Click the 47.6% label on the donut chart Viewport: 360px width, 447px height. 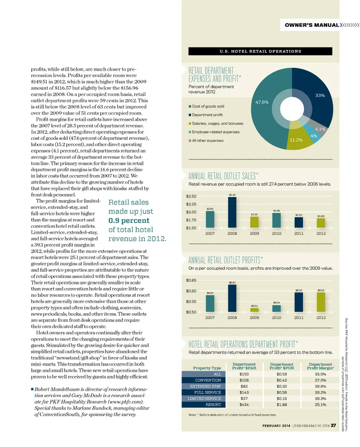[x=262, y=102]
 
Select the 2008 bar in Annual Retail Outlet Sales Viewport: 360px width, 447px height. [x=232, y=212]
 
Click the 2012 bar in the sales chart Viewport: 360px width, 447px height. [x=321, y=223]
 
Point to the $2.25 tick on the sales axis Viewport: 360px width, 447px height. [x=193, y=204]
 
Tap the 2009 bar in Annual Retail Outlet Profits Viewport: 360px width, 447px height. [x=255, y=310]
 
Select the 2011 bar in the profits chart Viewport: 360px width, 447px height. [x=299, y=302]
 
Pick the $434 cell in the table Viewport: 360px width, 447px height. [x=244, y=405]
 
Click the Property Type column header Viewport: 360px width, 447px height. [x=207, y=368]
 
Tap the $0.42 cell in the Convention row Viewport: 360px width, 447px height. [x=282, y=380]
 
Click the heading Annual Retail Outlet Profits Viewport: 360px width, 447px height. [x=225, y=260]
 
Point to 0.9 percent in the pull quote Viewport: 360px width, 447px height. [x=129, y=220]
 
